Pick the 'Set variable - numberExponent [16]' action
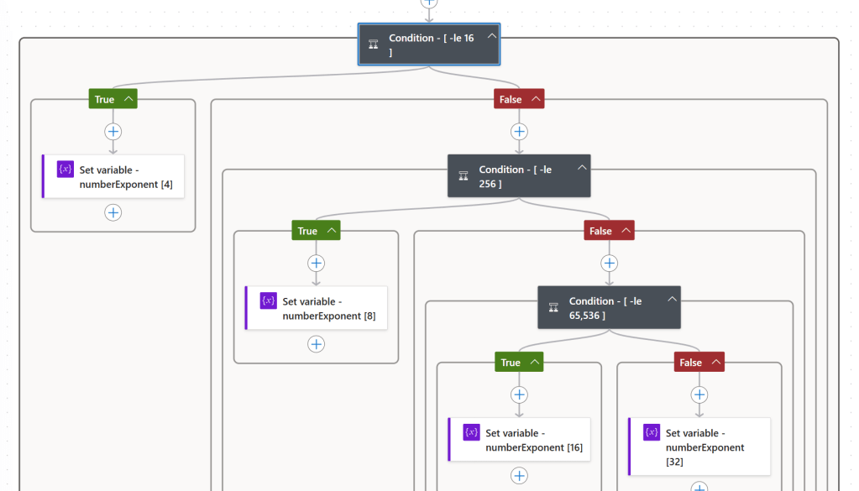520,440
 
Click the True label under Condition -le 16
104,99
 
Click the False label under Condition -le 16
511,99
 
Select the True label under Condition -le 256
307,231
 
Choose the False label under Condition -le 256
600,231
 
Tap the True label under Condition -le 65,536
511,363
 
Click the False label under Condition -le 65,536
690,363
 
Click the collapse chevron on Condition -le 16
492,36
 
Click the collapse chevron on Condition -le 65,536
672,299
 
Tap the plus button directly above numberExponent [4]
113,132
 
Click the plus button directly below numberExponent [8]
317,344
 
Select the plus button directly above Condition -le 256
519,132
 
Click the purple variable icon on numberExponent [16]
471,432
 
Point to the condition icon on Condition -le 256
463,175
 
